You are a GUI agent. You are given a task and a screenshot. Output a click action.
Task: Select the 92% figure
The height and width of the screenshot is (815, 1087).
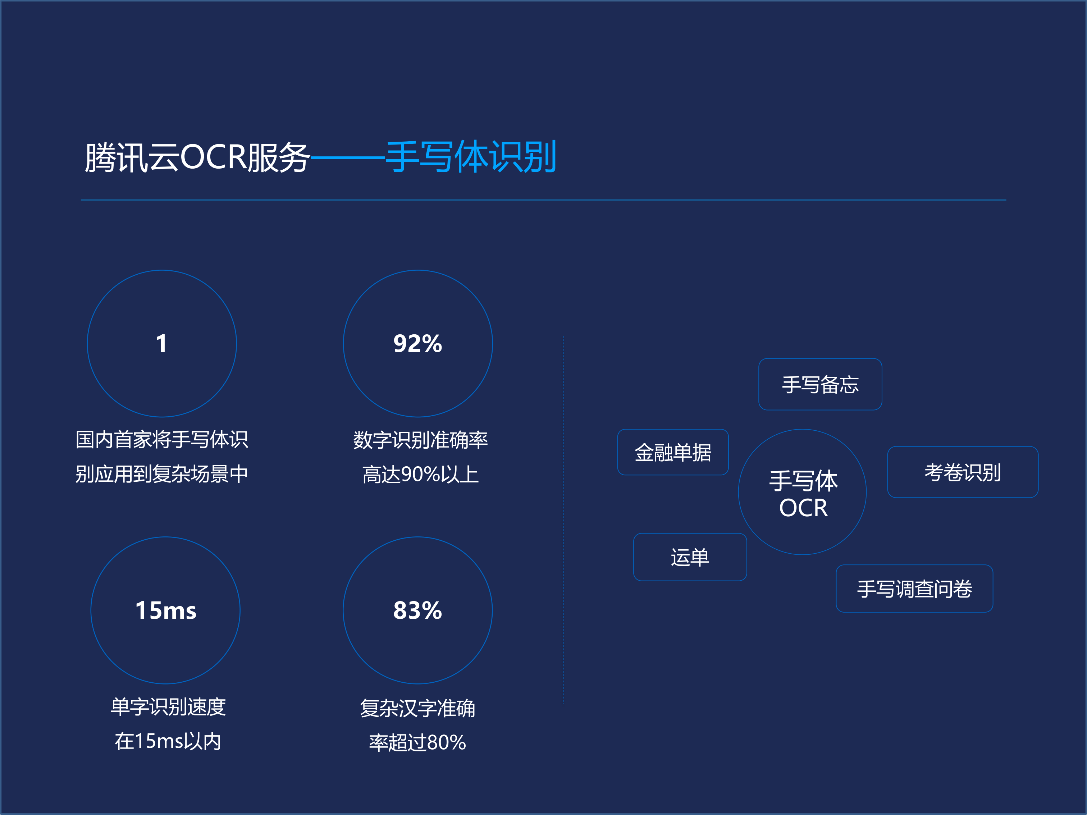[418, 343]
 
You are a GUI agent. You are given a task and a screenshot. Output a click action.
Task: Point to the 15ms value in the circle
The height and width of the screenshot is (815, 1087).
[166, 611]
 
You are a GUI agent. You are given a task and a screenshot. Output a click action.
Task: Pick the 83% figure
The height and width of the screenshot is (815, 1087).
[418, 611]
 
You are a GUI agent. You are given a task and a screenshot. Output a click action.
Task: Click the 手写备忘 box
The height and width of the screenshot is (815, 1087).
[820, 384]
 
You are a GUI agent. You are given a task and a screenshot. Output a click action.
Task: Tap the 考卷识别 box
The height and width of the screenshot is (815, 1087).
[963, 472]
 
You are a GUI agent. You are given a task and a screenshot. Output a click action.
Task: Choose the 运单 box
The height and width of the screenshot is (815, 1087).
[690, 557]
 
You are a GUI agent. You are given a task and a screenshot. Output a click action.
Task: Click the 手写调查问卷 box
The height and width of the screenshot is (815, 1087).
[914, 589]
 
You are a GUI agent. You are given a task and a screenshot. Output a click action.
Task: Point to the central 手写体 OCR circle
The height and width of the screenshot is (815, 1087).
[803, 493]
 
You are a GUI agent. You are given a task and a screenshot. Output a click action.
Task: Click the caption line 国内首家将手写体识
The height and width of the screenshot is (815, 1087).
[162, 439]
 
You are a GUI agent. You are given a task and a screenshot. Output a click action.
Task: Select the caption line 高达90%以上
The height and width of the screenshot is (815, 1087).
[420, 475]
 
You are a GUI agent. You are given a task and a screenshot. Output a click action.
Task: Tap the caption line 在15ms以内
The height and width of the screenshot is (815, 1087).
[168, 741]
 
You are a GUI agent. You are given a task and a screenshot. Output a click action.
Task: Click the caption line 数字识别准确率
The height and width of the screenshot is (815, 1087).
[420, 440]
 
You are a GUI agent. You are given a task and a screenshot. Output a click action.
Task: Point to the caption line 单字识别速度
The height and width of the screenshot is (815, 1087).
[168, 706]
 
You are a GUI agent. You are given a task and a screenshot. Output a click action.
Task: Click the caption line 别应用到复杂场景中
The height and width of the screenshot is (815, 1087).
[162, 474]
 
